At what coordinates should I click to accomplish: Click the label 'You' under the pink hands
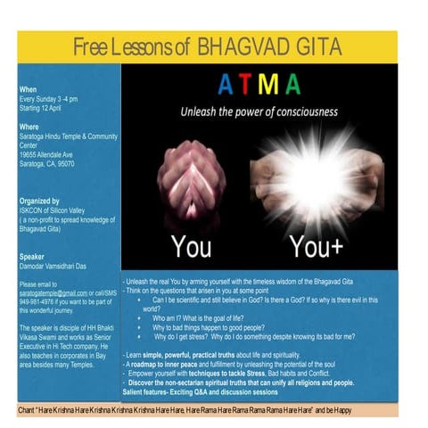coord(191,245)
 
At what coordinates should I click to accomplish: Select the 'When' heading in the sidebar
coord(28,90)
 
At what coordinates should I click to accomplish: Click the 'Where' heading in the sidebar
coord(29,126)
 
